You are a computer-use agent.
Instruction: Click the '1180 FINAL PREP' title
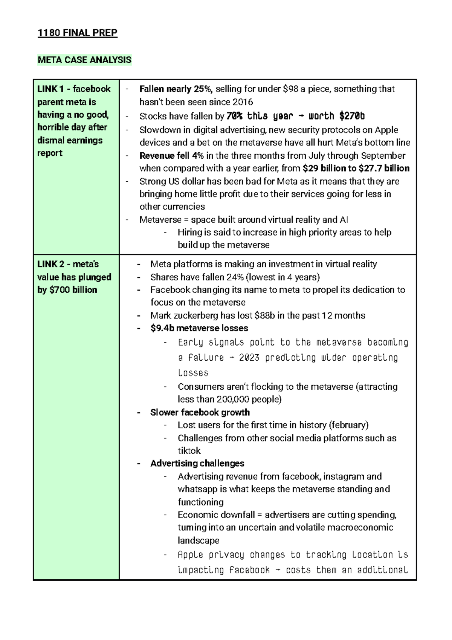[77, 33]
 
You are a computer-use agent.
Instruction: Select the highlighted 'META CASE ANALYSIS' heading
[84, 60]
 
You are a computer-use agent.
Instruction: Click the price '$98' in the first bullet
[290, 89]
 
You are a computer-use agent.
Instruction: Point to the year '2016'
[243, 102]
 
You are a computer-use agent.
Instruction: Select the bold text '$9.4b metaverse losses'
[199, 328]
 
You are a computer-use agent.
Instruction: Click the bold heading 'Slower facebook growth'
[200, 412]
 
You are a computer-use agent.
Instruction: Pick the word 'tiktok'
[189, 451]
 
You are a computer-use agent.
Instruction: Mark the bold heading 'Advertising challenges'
[197, 464]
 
